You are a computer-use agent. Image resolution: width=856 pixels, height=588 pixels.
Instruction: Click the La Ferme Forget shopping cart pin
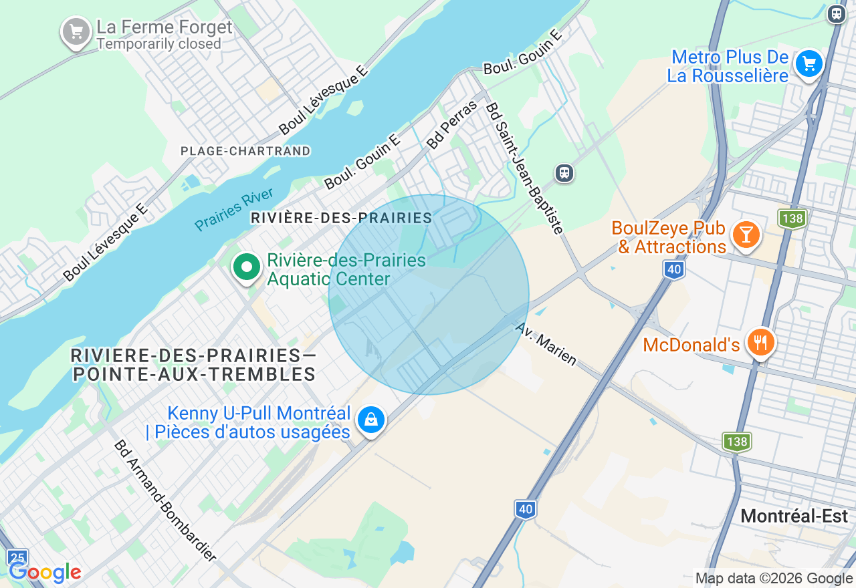tap(76, 31)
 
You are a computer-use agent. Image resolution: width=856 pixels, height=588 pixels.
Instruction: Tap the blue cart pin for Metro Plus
tap(809, 64)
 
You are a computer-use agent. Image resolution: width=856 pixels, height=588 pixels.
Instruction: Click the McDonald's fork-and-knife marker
tap(760, 342)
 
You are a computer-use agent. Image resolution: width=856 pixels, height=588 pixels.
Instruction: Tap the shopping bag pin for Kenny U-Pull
tap(370, 420)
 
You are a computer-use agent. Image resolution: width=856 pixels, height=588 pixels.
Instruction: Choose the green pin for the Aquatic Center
tap(247, 267)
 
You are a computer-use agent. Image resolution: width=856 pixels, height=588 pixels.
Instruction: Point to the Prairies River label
tap(233, 209)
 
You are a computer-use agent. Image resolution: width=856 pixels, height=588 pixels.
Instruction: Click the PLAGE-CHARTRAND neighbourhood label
tap(245, 151)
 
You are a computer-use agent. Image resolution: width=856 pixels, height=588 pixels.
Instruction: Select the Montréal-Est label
tap(794, 517)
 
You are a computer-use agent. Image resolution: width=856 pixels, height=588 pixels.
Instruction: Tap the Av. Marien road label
tap(546, 344)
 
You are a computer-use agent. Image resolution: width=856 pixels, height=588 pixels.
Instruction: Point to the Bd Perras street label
tap(452, 124)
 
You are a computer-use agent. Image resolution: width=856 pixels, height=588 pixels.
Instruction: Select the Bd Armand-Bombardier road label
tap(165, 500)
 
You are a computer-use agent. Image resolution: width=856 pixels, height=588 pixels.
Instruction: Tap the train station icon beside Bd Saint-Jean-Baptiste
tap(564, 174)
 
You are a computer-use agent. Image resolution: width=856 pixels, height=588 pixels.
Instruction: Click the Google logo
tap(45, 573)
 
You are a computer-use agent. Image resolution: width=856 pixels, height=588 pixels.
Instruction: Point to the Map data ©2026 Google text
tap(774, 579)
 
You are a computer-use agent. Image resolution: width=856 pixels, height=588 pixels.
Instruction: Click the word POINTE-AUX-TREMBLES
tap(195, 374)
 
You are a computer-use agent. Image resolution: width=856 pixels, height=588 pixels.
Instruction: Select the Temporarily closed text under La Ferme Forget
tap(158, 44)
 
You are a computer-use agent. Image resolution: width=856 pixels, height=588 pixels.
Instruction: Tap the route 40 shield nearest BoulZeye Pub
tap(674, 270)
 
